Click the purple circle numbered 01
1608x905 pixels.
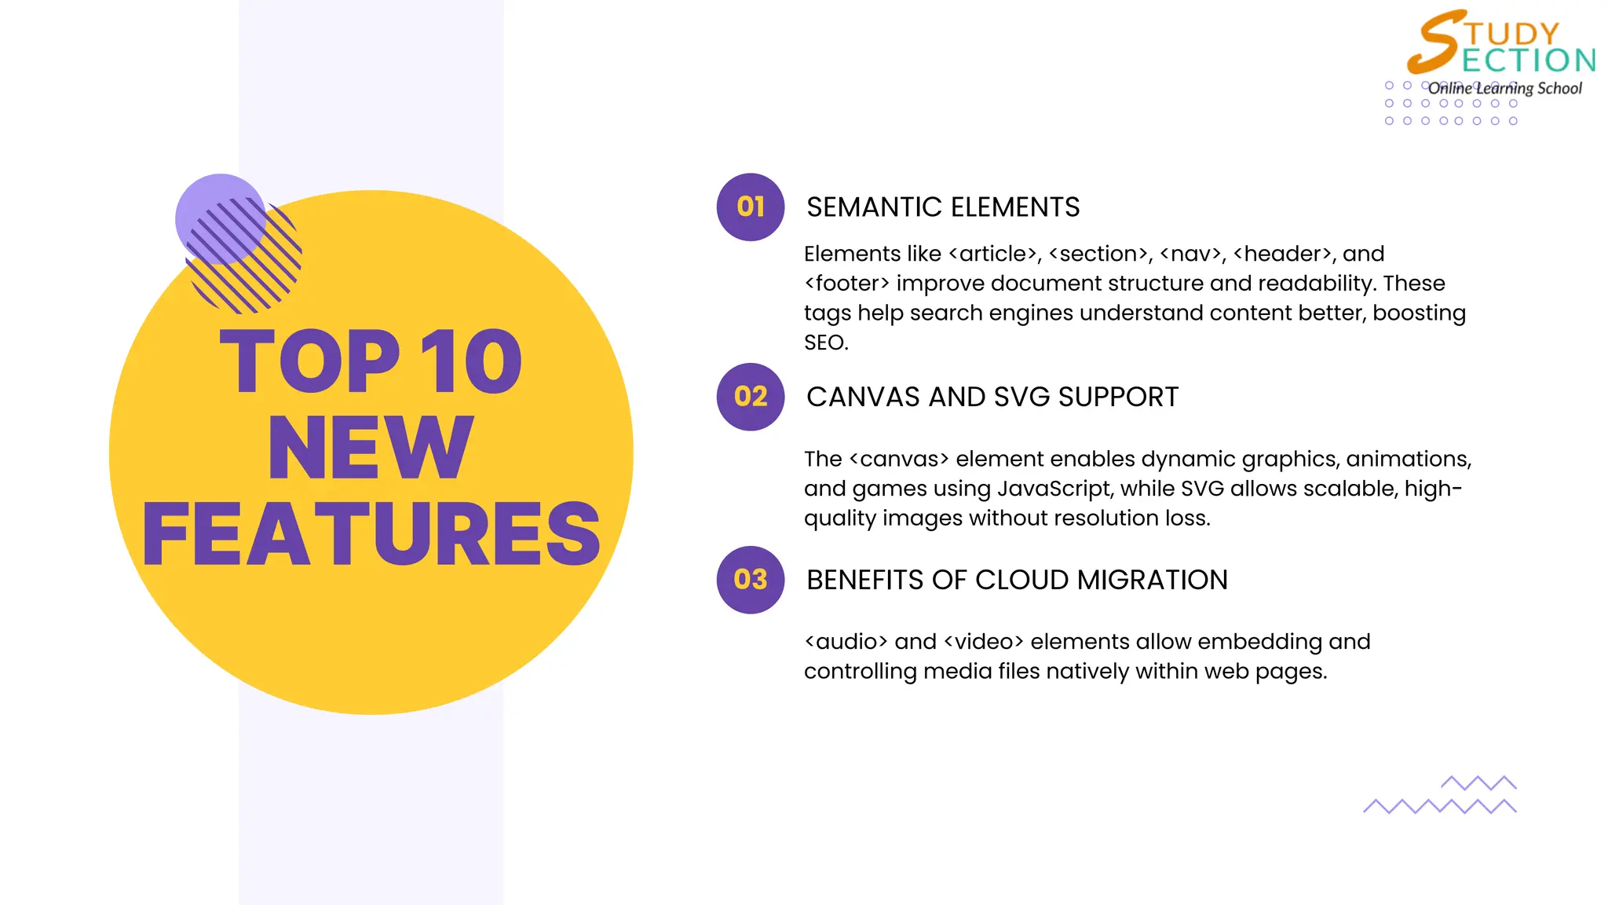[x=751, y=207]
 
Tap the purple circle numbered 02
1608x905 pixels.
[x=751, y=397]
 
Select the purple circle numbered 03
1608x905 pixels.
[x=751, y=580]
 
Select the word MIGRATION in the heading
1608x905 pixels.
[x=1153, y=581]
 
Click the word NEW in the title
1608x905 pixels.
[x=371, y=448]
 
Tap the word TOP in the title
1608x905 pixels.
[x=310, y=361]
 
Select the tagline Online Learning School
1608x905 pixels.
[x=1504, y=88]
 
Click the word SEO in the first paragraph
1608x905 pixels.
[x=825, y=343]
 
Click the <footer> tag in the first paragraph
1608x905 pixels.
[x=847, y=284]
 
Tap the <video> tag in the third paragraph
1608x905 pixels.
[x=984, y=642]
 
